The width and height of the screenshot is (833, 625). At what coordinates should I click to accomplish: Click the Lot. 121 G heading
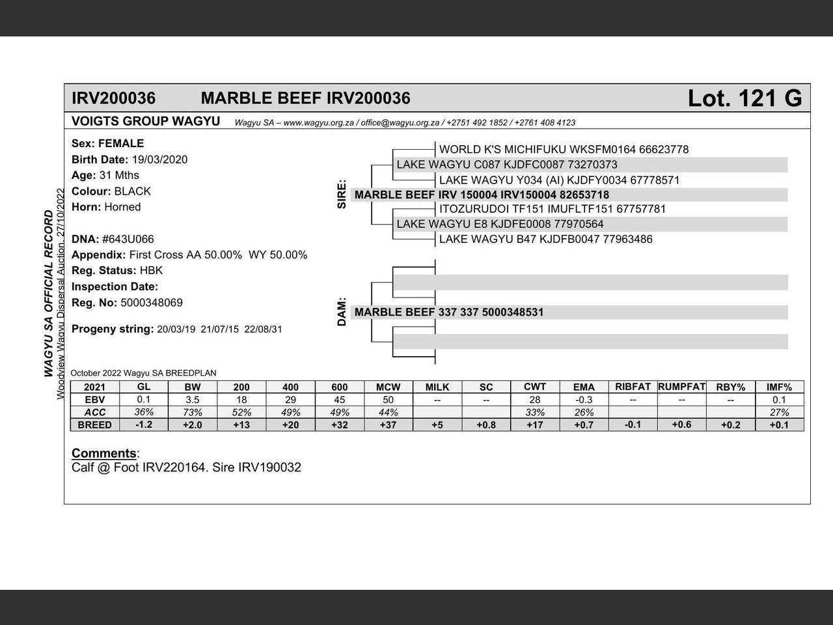[x=744, y=98]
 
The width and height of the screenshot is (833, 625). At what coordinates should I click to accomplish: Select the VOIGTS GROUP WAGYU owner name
[x=146, y=121]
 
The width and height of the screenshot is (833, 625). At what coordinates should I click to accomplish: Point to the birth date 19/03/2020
[x=159, y=160]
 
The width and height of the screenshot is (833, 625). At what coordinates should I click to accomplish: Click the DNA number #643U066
[x=128, y=239]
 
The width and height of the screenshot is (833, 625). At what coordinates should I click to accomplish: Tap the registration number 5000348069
[x=152, y=303]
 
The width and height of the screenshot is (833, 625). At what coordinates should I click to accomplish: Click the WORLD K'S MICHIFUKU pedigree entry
[x=564, y=150]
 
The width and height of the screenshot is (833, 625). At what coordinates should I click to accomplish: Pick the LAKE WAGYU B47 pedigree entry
[x=545, y=239]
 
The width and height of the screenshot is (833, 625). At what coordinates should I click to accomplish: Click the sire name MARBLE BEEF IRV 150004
[x=482, y=195]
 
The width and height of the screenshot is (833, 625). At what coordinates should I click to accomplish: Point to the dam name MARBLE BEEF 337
[x=449, y=312]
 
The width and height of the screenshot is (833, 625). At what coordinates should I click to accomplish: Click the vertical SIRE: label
[x=342, y=195]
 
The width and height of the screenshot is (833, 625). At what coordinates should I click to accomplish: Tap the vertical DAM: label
[x=342, y=312]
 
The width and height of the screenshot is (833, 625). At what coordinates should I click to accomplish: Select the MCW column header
[x=388, y=387]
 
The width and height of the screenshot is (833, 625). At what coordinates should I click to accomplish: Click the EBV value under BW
[x=193, y=400]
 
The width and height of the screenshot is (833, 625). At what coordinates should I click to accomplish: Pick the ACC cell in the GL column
[x=144, y=412]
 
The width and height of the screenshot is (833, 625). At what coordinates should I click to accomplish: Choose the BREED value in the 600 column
[x=339, y=425]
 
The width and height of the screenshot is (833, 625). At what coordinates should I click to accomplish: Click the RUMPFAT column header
[x=681, y=387]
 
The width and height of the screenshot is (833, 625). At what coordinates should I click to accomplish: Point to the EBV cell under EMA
[x=584, y=400]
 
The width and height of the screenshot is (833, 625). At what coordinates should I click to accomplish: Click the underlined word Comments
[x=103, y=453]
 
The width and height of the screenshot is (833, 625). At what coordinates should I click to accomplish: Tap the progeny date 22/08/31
[x=263, y=329]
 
